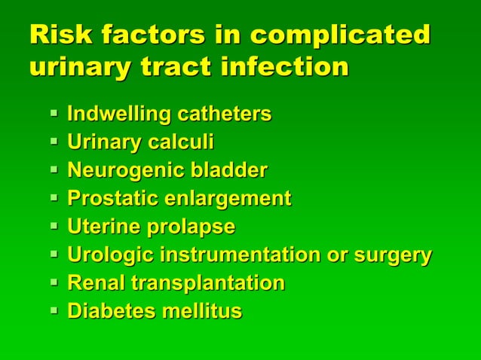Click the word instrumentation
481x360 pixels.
pos(239,255)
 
